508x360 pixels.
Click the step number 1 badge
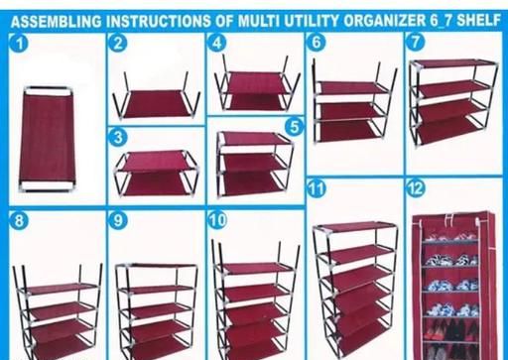point(20,44)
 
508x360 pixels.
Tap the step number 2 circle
point(118,43)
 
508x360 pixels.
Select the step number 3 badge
point(118,137)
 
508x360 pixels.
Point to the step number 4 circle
point(217,43)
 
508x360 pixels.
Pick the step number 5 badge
point(294,127)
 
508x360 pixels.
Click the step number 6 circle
point(316,42)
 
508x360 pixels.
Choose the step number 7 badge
point(416,42)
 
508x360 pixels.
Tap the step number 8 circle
point(19,220)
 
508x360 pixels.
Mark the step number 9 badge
point(118,220)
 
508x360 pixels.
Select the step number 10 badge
point(217,220)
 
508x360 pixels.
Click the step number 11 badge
point(317,188)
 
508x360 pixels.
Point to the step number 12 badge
point(416,188)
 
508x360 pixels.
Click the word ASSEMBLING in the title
point(57,22)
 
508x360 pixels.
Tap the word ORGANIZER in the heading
point(384,21)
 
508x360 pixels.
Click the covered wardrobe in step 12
point(453,286)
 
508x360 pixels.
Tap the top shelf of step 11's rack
point(355,228)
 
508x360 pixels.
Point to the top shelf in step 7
point(453,63)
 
